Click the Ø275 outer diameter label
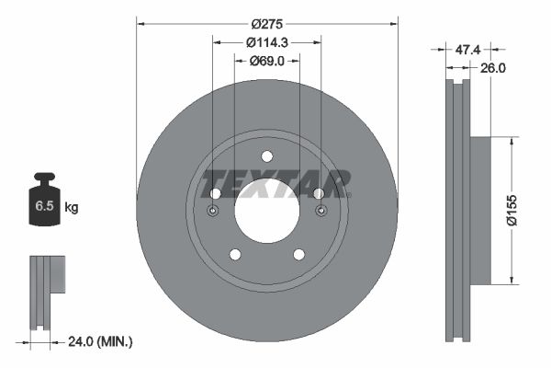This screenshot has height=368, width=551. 266,25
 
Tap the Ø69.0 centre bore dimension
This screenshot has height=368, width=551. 266,61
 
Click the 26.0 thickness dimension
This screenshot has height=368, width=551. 494,67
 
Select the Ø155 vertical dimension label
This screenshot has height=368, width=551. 521,211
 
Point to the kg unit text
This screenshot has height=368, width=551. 72,208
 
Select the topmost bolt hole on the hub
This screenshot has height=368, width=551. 266,155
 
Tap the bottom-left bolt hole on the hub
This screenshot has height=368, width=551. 234,254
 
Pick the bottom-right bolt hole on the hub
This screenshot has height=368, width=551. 298,254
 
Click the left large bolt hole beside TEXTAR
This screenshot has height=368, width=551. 215,193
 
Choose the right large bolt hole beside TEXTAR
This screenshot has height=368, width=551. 319,193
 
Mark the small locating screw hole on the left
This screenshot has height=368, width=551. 212,211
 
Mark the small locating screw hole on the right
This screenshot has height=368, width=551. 320,211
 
